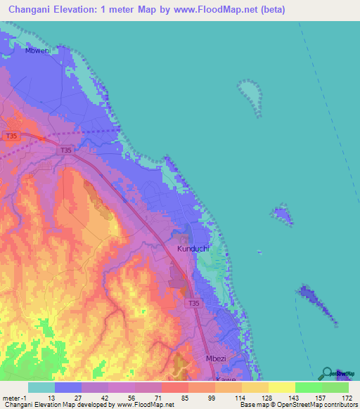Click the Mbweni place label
click(x=37, y=51)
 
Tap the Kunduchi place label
click(x=193, y=249)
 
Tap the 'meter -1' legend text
click(x=13, y=400)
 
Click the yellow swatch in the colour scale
click(x=282, y=387)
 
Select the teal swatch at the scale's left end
click(x=41, y=387)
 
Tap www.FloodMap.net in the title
click(x=219, y=10)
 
